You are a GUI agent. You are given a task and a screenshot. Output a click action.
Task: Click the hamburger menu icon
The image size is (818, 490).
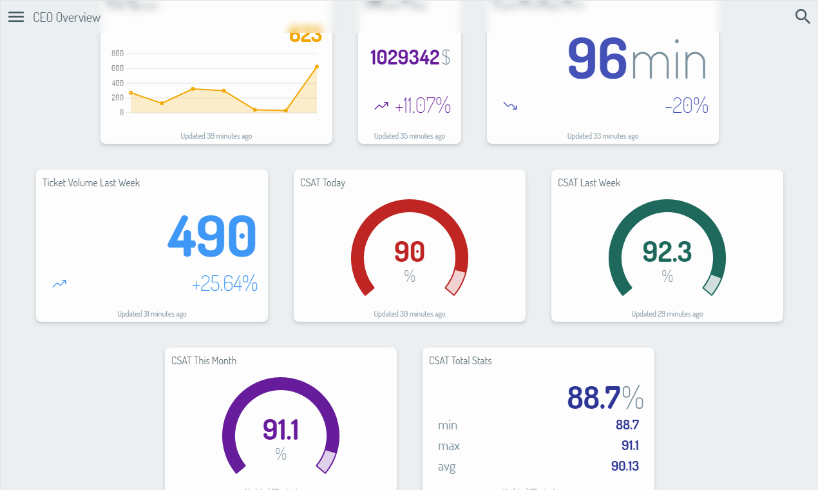tap(16, 17)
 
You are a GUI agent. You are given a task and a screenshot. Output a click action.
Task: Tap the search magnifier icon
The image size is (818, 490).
tap(803, 17)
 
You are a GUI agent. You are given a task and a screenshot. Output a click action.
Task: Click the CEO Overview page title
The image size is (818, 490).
tap(67, 17)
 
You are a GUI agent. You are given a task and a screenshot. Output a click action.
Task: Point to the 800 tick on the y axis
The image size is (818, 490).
tap(117, 53)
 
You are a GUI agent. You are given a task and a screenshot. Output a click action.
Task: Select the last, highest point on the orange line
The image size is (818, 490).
tap(317, 66)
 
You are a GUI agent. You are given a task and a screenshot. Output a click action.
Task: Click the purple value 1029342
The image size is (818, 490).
tap(405, 57)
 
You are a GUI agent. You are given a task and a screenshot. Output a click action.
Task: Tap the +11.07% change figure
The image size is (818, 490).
tap(423, 106)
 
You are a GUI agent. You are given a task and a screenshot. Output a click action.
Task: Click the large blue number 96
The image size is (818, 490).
tap(597, 59)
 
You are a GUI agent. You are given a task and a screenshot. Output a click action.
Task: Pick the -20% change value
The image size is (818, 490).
tap(687, 106)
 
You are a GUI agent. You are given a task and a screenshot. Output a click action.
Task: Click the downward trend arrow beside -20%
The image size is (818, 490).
tap(510, 105)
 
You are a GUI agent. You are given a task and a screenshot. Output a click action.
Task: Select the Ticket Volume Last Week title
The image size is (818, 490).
tap(91, 183)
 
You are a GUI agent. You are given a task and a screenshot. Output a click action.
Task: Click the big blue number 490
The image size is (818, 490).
tap(212, 236)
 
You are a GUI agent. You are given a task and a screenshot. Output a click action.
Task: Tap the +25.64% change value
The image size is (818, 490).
tap(225, 283)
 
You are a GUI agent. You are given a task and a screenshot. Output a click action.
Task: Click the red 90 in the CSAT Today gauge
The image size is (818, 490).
tap(410, 252)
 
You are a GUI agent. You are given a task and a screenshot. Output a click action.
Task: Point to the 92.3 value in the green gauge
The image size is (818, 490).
tap(667, 252)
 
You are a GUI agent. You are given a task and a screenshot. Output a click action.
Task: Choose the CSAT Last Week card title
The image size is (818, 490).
tap(589, 183)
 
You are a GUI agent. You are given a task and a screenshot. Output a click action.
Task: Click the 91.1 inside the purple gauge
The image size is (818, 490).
tap(281, 430)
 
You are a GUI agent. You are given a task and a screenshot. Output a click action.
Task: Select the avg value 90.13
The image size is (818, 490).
tap(625, 466)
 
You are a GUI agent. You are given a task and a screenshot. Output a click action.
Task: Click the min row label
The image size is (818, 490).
tap(448, 426)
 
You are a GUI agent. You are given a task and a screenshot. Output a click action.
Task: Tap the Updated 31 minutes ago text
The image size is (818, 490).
tap(152, 314)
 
